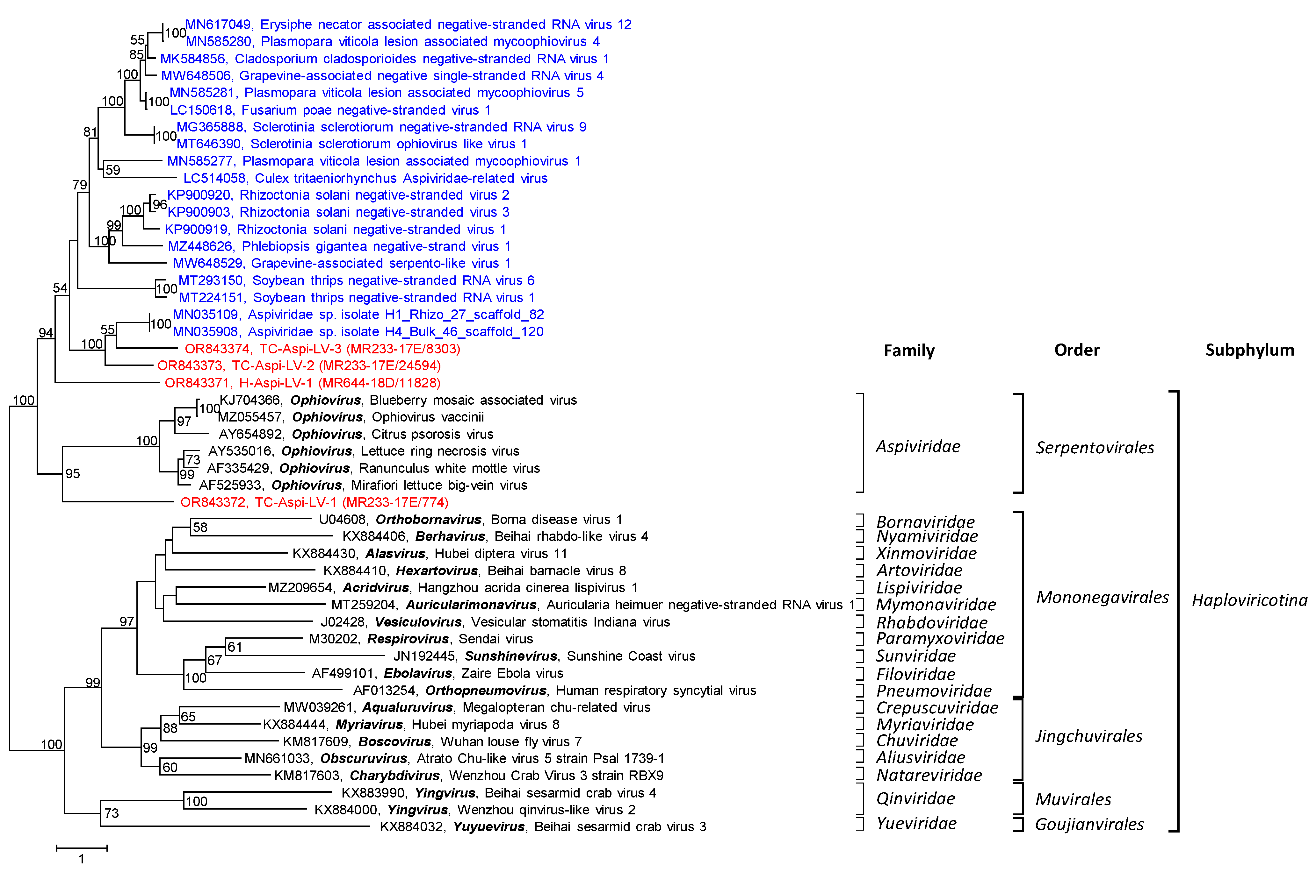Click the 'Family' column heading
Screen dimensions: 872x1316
[x=909, y=351]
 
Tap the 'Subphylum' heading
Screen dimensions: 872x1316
[x=1249, y=350]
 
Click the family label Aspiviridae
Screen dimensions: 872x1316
[x=918, y=447]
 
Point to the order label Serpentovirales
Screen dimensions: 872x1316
[x=1095, y=448]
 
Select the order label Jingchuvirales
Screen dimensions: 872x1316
[x=1088, y=736]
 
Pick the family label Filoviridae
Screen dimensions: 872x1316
[x=915, y=675]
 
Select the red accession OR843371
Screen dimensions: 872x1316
[x=197, y=383]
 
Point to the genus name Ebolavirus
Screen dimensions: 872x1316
[x=417, y=673]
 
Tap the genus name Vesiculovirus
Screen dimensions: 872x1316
[x=418, y=622]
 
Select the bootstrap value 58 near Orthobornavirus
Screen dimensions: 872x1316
[x=200, y=527]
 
